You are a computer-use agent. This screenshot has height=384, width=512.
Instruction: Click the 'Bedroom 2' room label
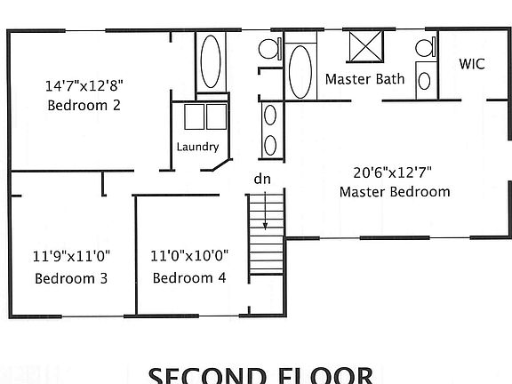84,105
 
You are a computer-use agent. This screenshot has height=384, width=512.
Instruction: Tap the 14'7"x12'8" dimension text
84,86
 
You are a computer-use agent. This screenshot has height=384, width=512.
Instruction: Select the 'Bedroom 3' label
71,278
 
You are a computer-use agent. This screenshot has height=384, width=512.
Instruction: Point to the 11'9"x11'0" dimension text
71,255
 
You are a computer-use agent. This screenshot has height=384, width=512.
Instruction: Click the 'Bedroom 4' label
189,278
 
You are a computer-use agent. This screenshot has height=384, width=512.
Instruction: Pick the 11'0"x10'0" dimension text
189,255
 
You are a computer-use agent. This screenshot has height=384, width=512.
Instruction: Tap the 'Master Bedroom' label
395,191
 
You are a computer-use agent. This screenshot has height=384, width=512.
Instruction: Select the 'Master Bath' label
364,79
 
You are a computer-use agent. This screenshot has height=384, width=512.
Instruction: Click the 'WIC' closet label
470,64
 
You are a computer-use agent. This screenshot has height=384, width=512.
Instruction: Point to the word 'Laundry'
197,147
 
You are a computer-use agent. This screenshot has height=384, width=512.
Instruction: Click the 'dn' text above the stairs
262,179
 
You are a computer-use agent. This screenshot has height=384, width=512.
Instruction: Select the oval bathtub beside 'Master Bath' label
300,72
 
